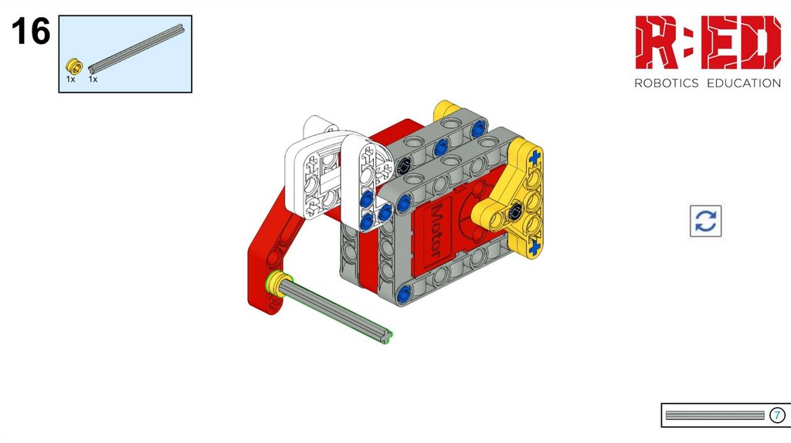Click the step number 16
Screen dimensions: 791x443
(31, 31)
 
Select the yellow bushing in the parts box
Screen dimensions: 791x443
(73, 66)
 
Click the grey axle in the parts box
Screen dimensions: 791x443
(136, 49)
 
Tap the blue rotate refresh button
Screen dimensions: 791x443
(705, 221)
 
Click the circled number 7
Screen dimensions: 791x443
(777, 415)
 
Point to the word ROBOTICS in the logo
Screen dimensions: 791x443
(666, 83)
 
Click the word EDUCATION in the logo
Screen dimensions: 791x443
(744, 83)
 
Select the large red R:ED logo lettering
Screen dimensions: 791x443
(708, 42)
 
